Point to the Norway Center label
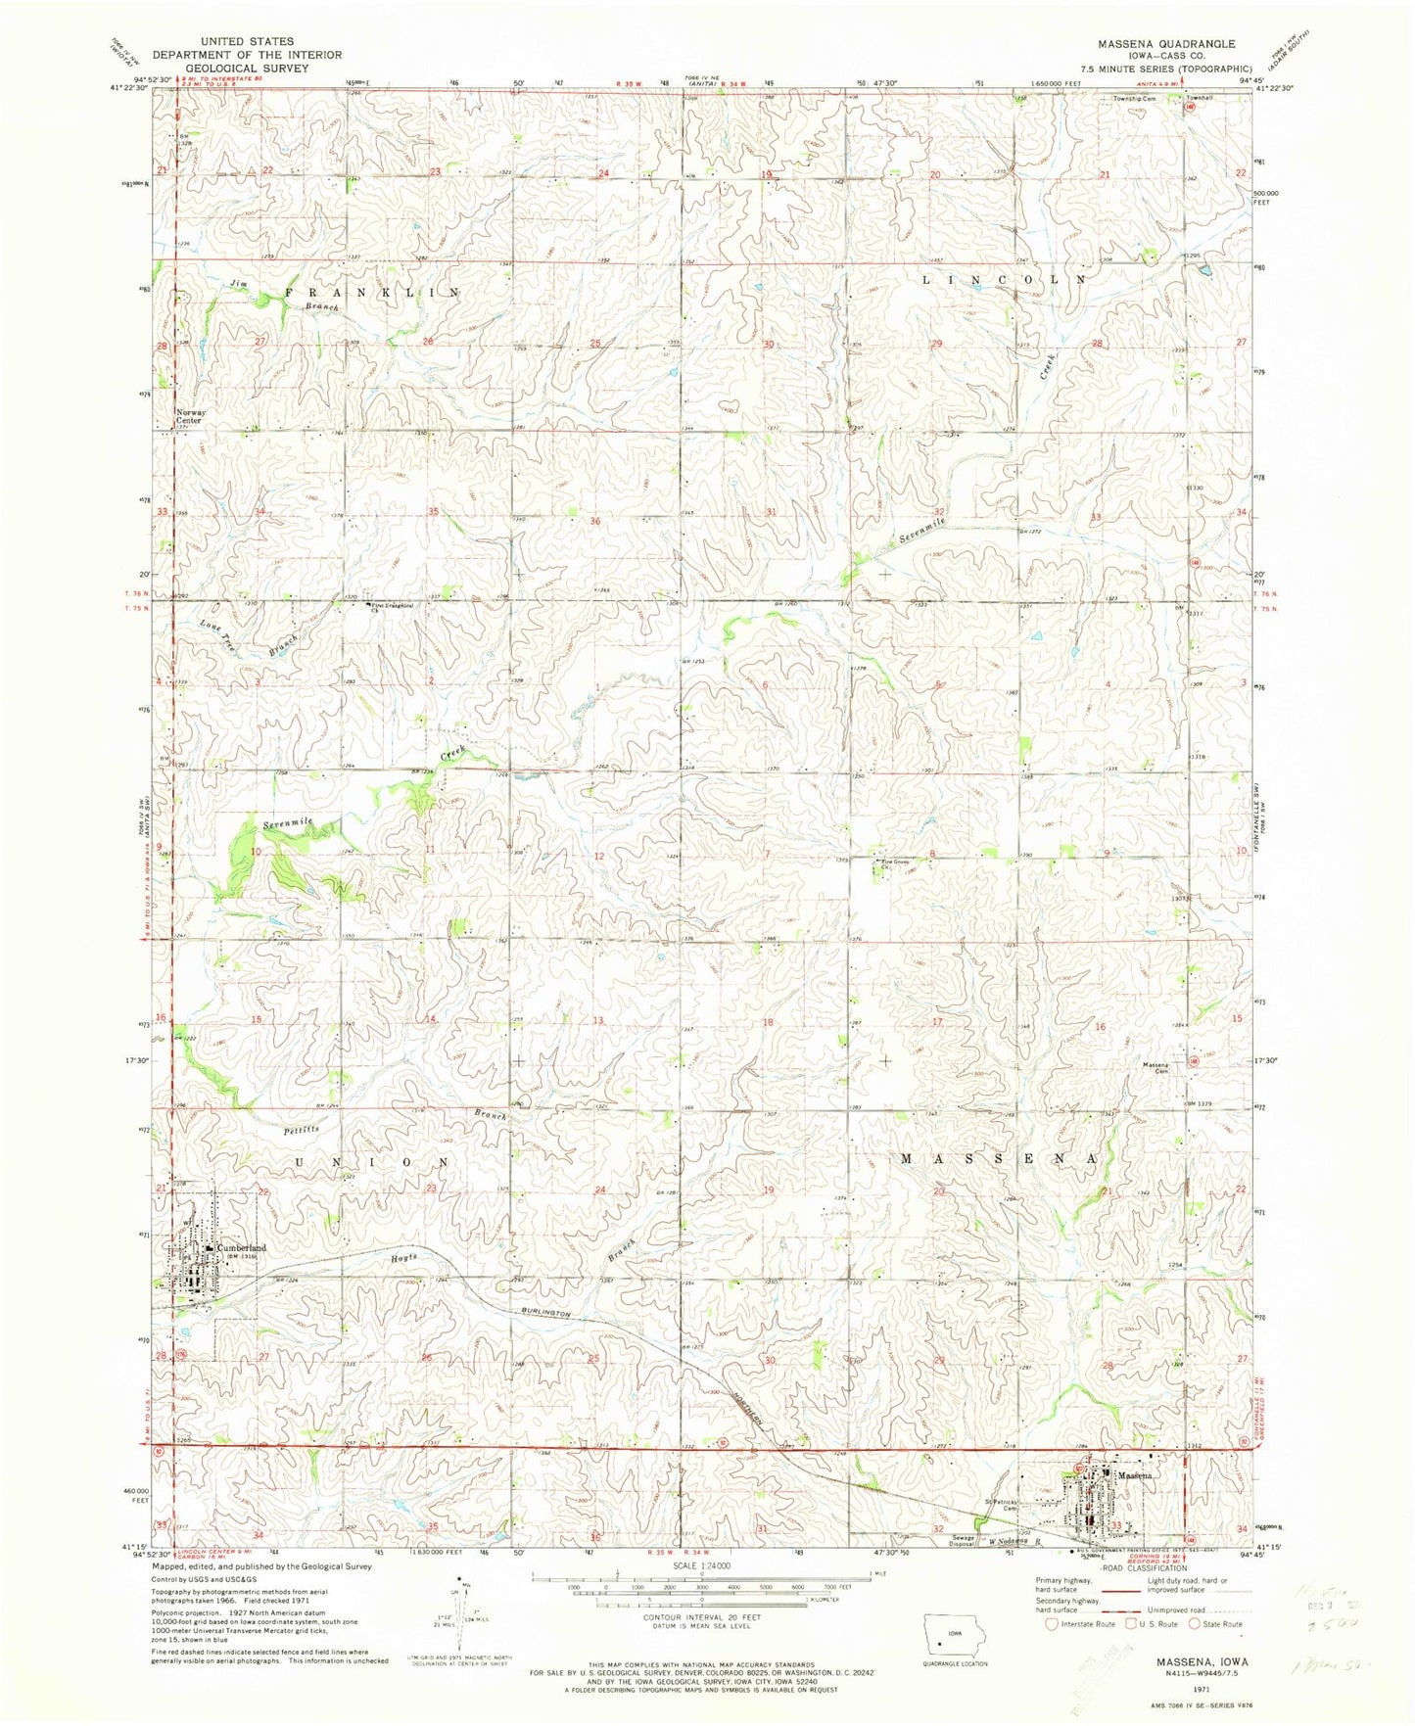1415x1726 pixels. tap(190, 416)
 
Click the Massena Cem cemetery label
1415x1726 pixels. tap(1156, 1068)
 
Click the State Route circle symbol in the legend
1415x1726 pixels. tap(1194, 1624)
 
